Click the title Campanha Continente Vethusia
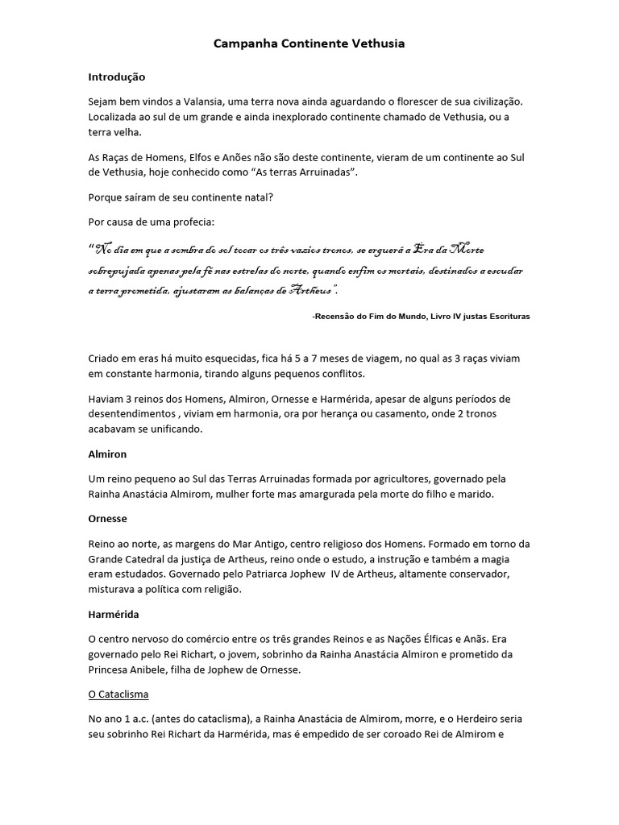point(309,44)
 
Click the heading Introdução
point(116,77)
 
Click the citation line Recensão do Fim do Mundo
point(421,317)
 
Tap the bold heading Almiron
point(107,454)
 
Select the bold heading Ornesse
point(108,519)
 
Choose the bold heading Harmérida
point(114,614)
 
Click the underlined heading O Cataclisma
point(118,694)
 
